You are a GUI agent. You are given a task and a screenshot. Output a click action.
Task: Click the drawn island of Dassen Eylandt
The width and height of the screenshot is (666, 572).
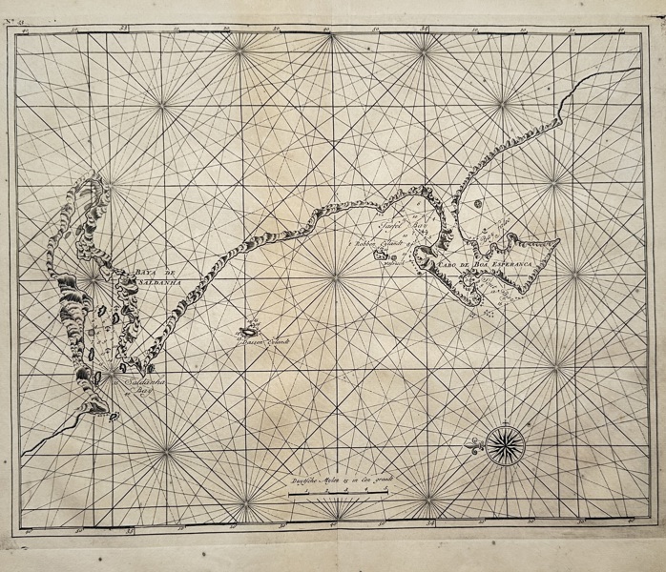click(x=249, y=331)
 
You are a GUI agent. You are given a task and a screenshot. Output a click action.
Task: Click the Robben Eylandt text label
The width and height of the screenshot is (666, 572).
click(x=371, y=245)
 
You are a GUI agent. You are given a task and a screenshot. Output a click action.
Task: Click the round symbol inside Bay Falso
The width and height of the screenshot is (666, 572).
click(x=477, y=203)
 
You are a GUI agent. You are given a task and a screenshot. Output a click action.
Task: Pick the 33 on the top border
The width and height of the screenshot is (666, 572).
click(x=124, y=29)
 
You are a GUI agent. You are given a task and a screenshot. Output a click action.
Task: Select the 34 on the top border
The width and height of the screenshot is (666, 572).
click(x=426, y=30)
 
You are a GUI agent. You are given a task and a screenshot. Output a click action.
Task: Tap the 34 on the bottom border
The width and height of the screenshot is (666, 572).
click(x=431, y=523)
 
